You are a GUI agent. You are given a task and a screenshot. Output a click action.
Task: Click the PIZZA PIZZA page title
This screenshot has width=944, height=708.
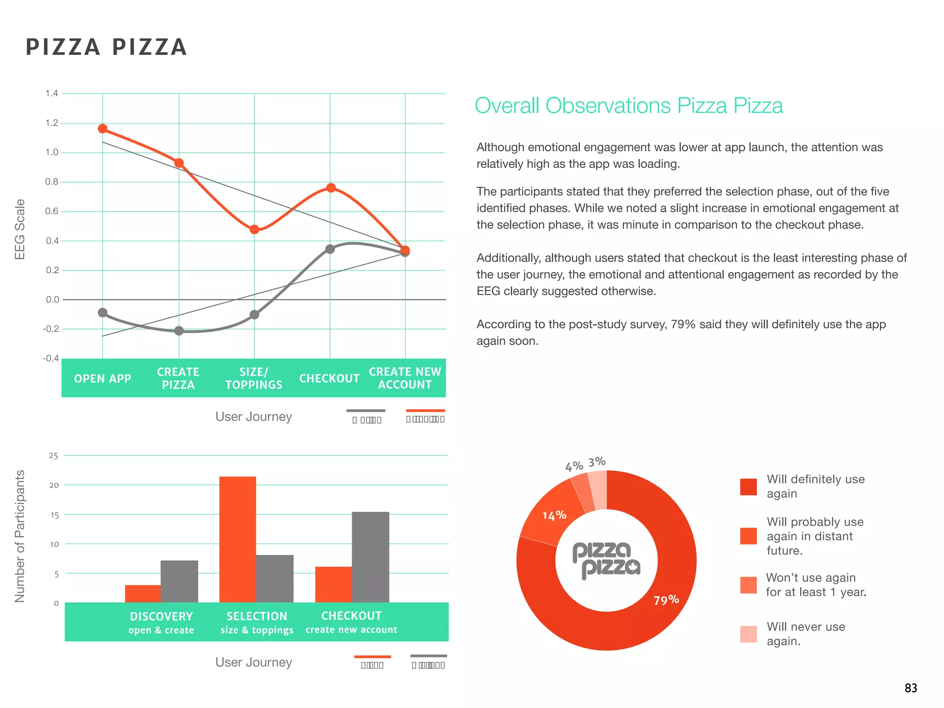[x=106, y=47]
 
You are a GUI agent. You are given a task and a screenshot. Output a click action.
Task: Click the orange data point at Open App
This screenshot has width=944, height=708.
[x=102, y=129]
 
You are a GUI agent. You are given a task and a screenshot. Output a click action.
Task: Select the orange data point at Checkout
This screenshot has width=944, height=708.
[x=330, y=188]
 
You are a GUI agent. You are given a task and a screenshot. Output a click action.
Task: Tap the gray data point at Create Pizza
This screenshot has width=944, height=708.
[x=179, y=330]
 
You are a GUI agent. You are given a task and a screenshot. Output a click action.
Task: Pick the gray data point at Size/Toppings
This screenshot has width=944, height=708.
[x=254, y=315]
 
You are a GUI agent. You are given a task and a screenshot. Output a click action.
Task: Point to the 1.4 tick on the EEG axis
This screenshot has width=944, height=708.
[x=52, y=94]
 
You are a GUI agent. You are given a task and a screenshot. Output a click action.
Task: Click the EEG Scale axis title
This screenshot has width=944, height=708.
[x=20, y=229]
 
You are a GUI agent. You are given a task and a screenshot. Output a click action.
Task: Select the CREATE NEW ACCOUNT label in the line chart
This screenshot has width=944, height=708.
[x=405, y=378]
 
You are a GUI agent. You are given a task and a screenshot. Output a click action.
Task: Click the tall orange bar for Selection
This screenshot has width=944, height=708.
[x=237, y=539]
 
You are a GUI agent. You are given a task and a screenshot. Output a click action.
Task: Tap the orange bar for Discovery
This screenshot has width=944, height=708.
[x=143, y=594]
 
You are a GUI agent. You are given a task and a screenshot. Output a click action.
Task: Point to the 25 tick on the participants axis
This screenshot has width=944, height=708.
[x=53, y=456]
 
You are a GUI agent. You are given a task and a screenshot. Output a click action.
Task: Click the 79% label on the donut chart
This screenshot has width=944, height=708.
[x=666, y=600]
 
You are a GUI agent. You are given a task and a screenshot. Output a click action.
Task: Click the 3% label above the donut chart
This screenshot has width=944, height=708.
[x=596, y=461]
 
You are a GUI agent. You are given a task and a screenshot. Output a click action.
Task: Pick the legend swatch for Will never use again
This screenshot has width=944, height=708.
[x=748, y=634]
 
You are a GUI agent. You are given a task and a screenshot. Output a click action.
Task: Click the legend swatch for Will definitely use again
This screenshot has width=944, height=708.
[x=748, y=487]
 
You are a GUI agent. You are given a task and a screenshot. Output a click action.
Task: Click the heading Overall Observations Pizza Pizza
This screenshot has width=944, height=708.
[x=628, y=106]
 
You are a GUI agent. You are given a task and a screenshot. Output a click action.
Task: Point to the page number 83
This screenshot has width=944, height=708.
[x=910, y=688]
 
